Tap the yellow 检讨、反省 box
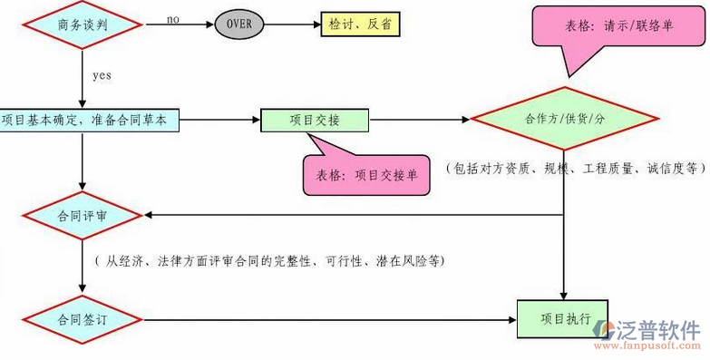(x=359, y=22)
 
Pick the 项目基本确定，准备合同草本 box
(x=89, y=120)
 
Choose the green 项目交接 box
(x=315, y=120)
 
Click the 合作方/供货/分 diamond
(x=563, y=120)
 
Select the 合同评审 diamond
(x=82, y=216)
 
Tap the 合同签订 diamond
(x=82, y=319)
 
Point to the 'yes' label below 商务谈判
(x=102, y=75)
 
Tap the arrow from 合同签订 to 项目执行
(x=326, y=319)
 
